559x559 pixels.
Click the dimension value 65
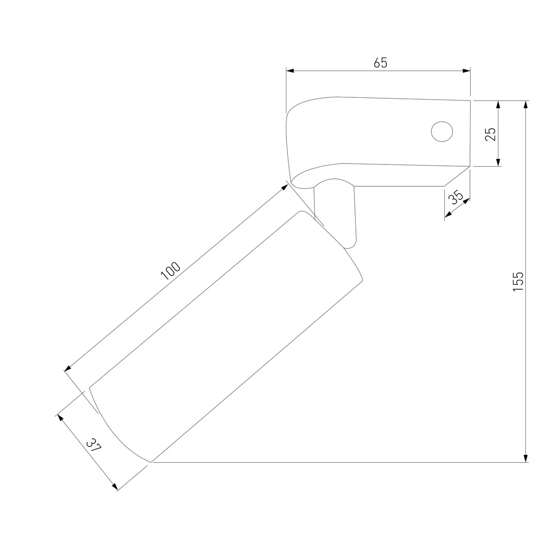[x=380, y=63]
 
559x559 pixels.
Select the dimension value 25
[x=490, y=134]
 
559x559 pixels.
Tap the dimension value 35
[x=456, y=197]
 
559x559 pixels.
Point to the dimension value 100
[x=170, y=271]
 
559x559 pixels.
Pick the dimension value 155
[x=518, y=281]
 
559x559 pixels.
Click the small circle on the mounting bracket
[x=442, y=131]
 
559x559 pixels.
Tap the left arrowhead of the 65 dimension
[x=290, y=71]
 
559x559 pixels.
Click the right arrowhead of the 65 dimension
[x=466, y=71]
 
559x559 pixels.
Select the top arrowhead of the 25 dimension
[x=498, y=105]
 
